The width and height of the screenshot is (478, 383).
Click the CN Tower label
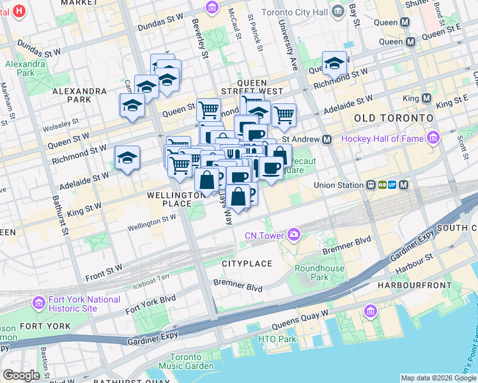[263, 236]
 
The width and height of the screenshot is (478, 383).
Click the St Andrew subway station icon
[327, 139]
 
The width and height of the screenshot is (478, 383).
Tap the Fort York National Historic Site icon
[39, 301]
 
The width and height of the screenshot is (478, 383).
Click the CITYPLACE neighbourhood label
[247, 264]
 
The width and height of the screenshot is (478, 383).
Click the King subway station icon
[426, 98]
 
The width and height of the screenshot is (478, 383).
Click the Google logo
[21, 375]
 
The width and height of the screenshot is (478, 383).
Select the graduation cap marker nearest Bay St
[334, 63]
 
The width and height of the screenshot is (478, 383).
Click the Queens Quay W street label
[299, 319]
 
